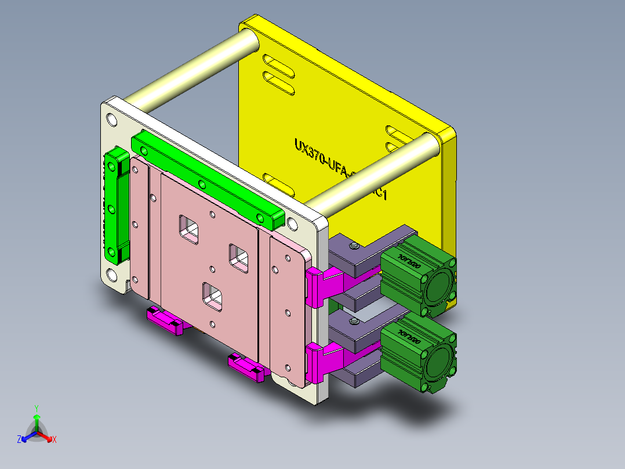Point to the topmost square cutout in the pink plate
(x=189, y=228)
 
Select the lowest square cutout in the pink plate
(x=212, y=295)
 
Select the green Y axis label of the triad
(x=36, y=408)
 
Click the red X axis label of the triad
(x=54, y=439)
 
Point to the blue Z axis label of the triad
(x=19, y=439)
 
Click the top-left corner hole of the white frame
(x=111, y=120)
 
